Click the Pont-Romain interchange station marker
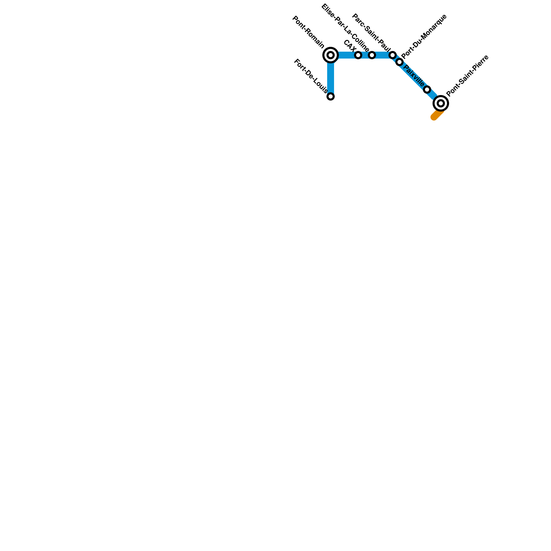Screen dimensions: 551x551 [x=331, y=55]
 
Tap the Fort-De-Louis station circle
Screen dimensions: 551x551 [x=331, y=96]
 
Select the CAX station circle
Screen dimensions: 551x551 [x=358, y=55]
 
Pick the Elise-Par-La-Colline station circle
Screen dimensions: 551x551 [x=372, y=55]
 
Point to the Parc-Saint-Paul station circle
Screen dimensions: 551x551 [x=393, y=55]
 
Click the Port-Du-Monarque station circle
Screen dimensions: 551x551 [x=399, y=62]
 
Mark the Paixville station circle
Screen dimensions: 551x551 [x=427, y=90]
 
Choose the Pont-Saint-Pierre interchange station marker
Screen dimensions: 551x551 [x=441, y=103]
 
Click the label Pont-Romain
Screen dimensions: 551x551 [x=308, y=32]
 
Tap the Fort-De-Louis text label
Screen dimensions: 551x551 [x=311, y=76]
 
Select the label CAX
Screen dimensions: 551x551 [x=350, y=46]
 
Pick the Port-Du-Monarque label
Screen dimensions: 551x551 [x=424, y=36]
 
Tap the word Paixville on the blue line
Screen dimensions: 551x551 [x=414, y=75]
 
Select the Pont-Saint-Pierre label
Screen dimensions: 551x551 [x=467, y=75]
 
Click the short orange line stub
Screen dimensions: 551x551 [x=437, y=115]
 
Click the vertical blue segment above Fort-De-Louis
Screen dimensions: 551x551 [x=331, y=77]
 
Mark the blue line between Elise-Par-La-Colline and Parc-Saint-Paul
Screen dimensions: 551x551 [x=382, y=55]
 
